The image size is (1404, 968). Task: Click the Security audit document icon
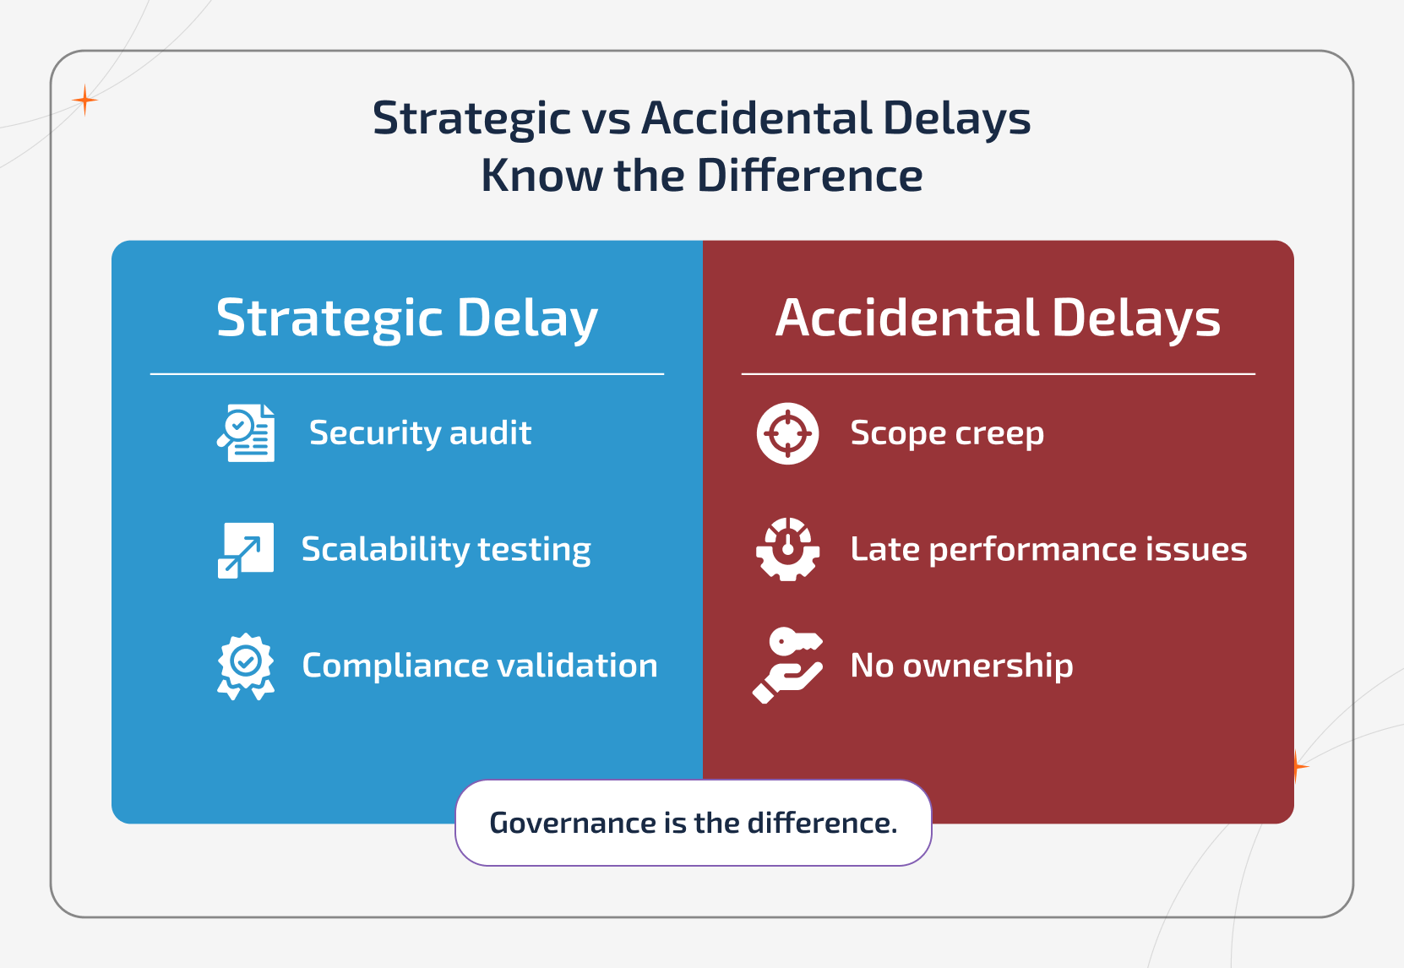tap(246, 432)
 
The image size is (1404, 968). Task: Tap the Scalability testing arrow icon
tap(246, 550)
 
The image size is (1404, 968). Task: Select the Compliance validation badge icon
tap(246, 666)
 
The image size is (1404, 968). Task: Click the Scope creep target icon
tap(787, 433)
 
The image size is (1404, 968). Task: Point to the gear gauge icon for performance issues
tap(787, 549)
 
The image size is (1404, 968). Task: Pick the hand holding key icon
tap(787, 666)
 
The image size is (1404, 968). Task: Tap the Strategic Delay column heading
tap(407, 318)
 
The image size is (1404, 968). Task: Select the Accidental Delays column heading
tap(998, 318)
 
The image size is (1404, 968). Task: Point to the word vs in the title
tap(607, 118)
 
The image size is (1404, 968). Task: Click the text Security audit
tap(420, 433)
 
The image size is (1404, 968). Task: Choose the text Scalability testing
tap(446, 550)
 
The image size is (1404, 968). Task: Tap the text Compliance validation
tap(480, 666)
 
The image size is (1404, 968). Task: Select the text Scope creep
tap(947, 433)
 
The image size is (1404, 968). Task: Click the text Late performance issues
tap(1048, 550)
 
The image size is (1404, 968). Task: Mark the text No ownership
tap(961, 666)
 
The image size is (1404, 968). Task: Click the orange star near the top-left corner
tap(84, 101)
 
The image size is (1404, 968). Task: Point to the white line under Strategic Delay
tap(407, 373)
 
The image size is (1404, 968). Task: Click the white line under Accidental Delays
tap(998, 373)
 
